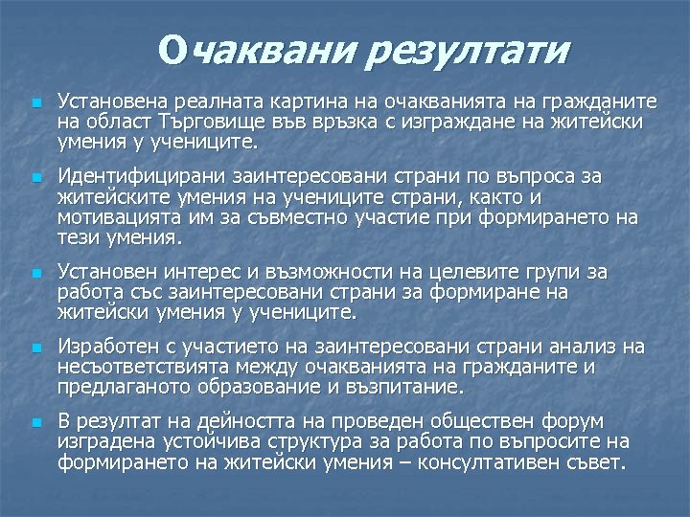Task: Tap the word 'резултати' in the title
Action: pos(468,50)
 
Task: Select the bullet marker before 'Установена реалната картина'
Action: pos(35,101)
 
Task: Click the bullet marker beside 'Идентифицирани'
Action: pos(35,178)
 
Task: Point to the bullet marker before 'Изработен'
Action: pos(35,347)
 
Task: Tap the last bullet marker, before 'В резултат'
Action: pos(35,422)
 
